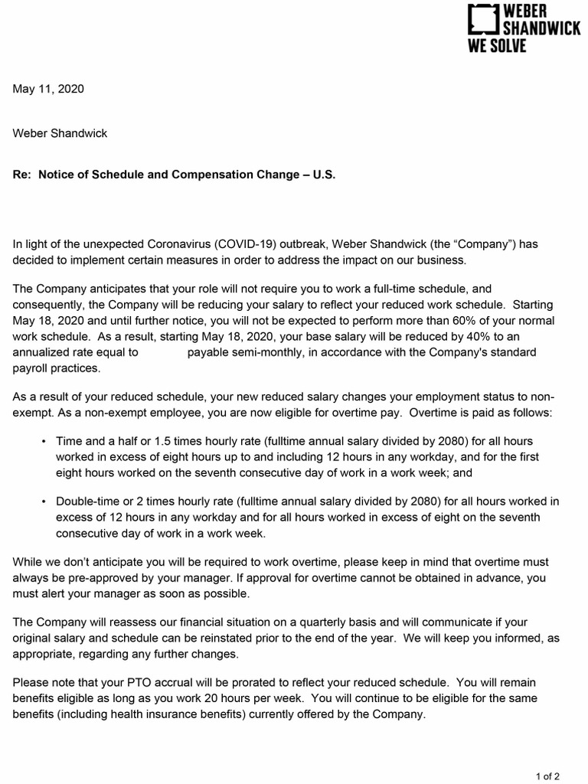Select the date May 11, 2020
pos(48,89)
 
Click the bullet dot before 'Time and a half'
pos(43,443)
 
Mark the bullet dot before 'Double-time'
pos(43,501)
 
